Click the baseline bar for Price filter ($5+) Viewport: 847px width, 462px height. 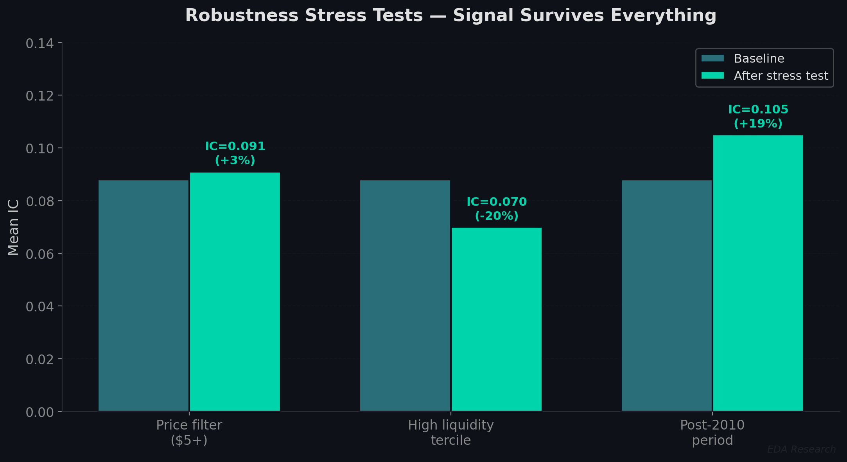[143, 295]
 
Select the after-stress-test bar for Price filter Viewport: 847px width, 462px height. [235, 291]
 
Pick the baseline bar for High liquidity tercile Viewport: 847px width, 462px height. [405, 295]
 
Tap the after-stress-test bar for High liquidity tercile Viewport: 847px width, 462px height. [496, 319]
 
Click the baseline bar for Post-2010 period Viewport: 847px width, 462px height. [666, 295]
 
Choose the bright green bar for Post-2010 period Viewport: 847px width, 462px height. [758, 273]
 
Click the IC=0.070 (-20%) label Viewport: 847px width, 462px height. [497, 209]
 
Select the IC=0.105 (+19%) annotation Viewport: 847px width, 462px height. [758, 116]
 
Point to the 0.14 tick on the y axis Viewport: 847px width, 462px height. [39, 43]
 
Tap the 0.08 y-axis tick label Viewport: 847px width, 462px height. [39, 201]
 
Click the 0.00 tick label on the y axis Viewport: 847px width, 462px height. [39, 412]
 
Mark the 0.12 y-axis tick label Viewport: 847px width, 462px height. [39, 96]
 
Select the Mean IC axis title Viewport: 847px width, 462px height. [13, 227]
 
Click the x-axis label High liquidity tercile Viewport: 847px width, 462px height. [450, 432]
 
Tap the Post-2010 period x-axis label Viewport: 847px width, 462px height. [712, 432]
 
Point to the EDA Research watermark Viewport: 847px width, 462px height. [801, 449]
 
